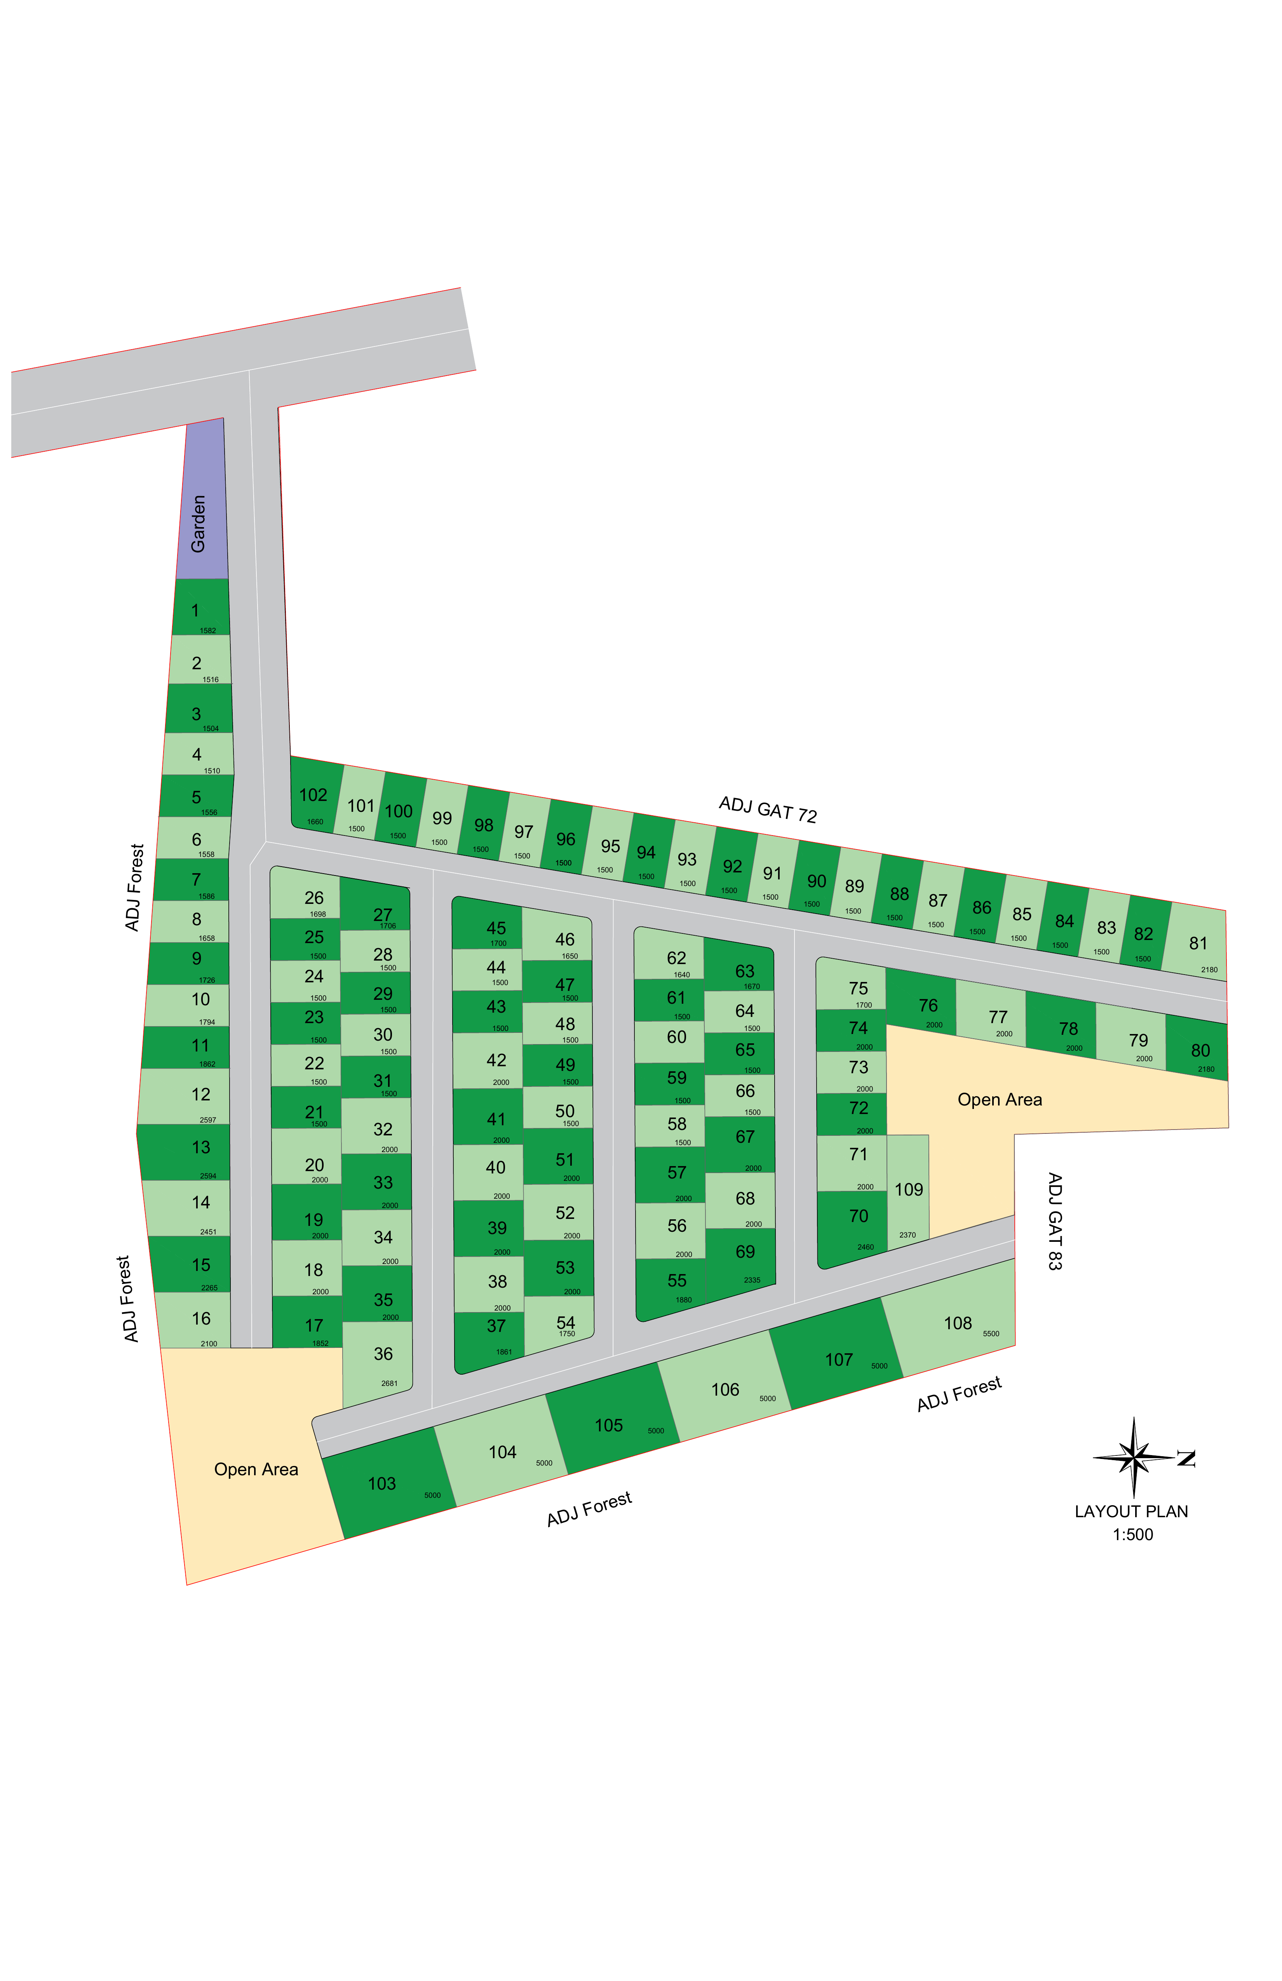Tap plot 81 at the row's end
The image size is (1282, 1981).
point(1197,945)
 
